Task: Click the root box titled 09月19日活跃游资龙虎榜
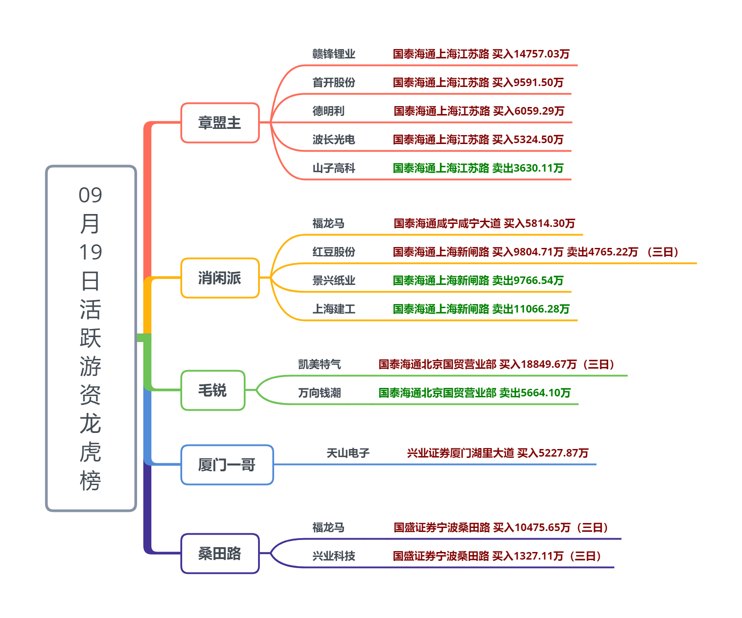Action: (x=91, y=338)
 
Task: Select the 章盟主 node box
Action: (x=220, y=123)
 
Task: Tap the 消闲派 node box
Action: (x=220, y=278)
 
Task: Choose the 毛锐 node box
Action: (x=213, y=390)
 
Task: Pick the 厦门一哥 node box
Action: (x=227, y=465)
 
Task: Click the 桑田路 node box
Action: (x=220, y=553)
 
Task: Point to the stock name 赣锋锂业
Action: (x=333, y=54)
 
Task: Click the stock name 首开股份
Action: (x=333, y=82)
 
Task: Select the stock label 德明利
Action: (x=328, y=111)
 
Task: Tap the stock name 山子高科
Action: (x=333, y=168)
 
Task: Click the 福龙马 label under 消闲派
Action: (x=328, y=223)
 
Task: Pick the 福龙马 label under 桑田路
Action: (x=328, y=527)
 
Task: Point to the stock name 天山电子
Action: (x=348, y=453)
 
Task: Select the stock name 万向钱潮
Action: (x=319, y=393)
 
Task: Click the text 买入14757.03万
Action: (x=531, y=54)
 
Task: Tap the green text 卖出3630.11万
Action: (x=528, y=168)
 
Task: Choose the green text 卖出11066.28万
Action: (x=531, y=309)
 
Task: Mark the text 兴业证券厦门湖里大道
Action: (x=460, y=453)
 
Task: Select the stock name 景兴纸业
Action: (x=333, y=280)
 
